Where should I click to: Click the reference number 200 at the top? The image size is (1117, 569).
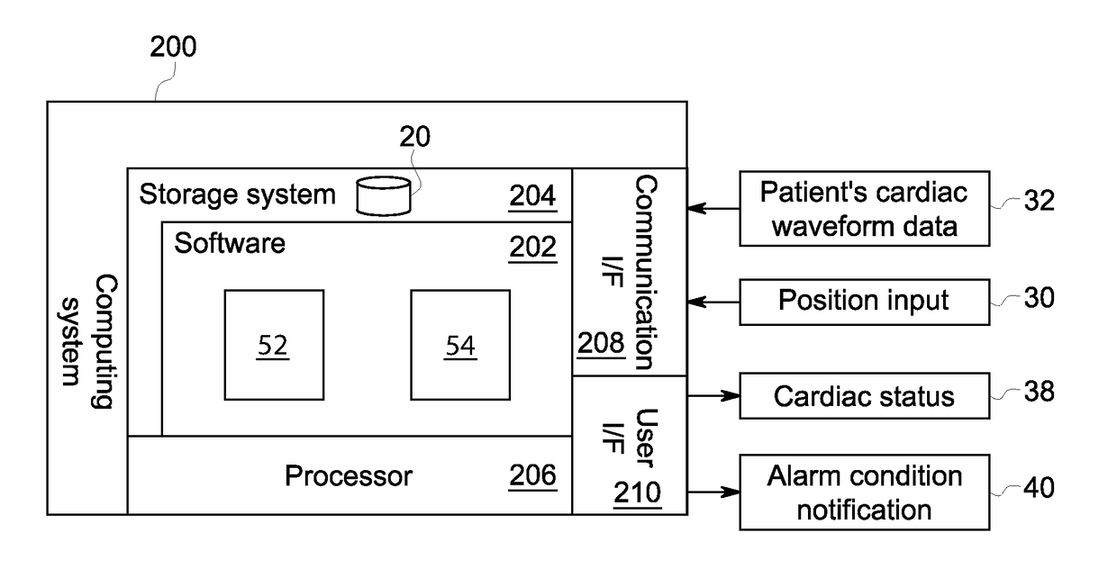coord(173,47)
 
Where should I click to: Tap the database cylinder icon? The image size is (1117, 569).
coord(384,195)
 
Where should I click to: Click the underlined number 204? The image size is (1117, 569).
coord(532,195)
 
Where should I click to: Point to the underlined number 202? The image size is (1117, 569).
coord(532,247)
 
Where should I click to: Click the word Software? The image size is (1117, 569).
coord(230,243)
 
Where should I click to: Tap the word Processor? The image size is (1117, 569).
coord(349,476)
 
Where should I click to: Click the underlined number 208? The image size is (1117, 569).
coord(601,343)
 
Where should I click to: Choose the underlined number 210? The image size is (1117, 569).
coord(637,492)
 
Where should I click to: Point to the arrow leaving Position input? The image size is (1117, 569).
coord(713,302)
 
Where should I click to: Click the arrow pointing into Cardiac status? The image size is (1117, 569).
coord(713,395)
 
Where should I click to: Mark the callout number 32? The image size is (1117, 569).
coord(1040,201)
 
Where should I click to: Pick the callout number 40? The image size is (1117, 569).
coord(1040,488)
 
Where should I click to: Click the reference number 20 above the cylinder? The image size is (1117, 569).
coord(414,137)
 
